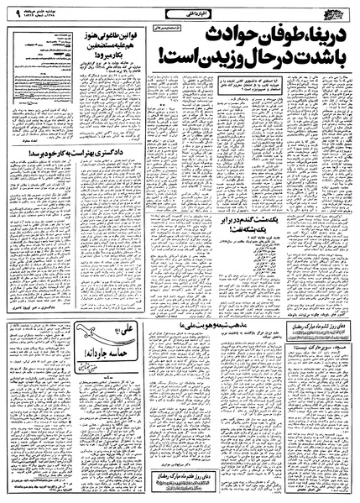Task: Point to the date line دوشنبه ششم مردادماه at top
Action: tap(50, 8)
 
